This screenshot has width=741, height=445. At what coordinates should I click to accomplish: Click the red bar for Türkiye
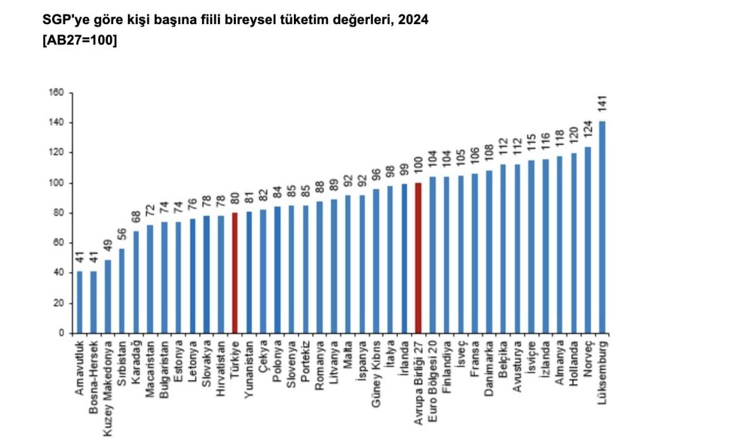pyautogui.click(x=235, y=273)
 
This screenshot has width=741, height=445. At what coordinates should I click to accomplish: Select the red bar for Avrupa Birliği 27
pyautogui.click(x=418, y=258)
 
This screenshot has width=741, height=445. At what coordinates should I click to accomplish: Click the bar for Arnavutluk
pyautogui.click(x=80, y=302)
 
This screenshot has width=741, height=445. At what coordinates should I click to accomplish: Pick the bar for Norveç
pyautogui.click(x=587, y=240)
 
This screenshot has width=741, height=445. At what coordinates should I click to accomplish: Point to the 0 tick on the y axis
pyautogui.click(x=62, y=333)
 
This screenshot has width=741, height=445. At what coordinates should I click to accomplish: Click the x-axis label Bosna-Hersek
pyautogui.click(x=94, y=368)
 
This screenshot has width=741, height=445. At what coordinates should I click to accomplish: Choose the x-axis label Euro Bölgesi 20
pyautogui.click(x=433, y=375)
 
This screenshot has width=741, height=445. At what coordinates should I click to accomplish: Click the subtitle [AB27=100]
pyautogui.click(x=80, y=41)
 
